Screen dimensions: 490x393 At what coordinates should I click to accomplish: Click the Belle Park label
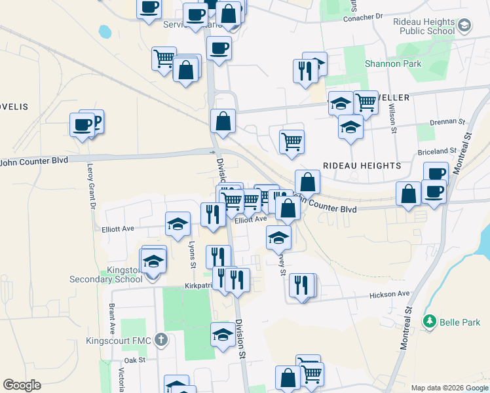(x=459, y=321)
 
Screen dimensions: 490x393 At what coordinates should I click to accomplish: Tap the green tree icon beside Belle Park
(x=430, y=321)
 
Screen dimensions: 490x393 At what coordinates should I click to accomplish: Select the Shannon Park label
(x=393, y=64)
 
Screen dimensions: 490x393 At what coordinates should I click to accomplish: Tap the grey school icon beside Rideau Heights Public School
(x=465, y=26)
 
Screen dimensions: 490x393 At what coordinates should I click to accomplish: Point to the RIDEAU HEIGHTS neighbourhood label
(x=361, y=166)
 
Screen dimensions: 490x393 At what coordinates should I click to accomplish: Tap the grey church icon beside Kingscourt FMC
(x=161, y=340)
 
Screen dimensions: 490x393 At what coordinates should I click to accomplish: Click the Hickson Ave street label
(x=392, y=294)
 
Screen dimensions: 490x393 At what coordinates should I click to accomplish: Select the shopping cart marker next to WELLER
(x=366, y=102)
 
